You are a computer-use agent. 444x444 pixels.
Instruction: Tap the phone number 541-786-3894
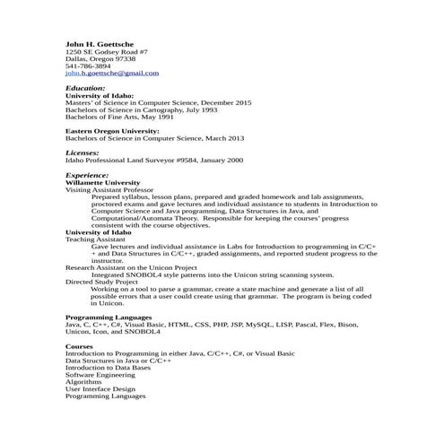[88, 65]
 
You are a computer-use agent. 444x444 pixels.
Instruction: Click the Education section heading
[85, 88]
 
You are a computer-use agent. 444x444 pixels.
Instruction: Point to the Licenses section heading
[83, 152]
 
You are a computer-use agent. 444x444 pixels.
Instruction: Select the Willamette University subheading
[102, 182]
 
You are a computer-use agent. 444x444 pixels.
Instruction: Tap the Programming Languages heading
[109, 318]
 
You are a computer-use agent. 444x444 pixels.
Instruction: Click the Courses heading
[79, 346]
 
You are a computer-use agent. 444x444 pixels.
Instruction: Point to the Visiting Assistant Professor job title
[109, 190]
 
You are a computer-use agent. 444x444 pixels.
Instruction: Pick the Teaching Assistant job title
[95, 239]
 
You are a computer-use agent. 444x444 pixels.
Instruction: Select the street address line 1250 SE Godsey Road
[107, 51]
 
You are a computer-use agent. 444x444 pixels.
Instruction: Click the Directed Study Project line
[101, 282]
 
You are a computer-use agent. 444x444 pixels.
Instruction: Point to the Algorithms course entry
[83, 382]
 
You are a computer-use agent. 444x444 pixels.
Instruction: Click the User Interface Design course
[100, 389]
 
